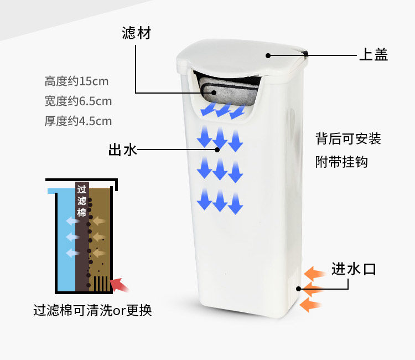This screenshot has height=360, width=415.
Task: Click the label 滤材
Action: point(136,34)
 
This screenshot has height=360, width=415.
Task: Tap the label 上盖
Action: point(373,55)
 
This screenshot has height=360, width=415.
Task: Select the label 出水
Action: point(122,150)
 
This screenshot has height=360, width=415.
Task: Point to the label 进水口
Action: point(354,270)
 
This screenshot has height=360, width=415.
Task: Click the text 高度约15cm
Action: point(77,81)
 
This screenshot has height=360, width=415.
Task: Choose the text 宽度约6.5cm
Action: point(78,101)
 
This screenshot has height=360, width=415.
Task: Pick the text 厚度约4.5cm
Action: point(78,121)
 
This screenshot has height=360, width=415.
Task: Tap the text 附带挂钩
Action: point(341,162)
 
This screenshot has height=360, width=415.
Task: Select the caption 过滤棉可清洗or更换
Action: point(92,310)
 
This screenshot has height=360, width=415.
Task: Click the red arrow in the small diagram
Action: point(121,286)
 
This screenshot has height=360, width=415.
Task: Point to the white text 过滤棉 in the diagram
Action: point(82,200)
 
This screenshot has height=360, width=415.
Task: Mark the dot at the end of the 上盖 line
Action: point(268,55)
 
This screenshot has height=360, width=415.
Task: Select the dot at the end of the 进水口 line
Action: point(298,288)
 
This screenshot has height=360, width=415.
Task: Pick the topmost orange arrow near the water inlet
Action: point(315,272)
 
